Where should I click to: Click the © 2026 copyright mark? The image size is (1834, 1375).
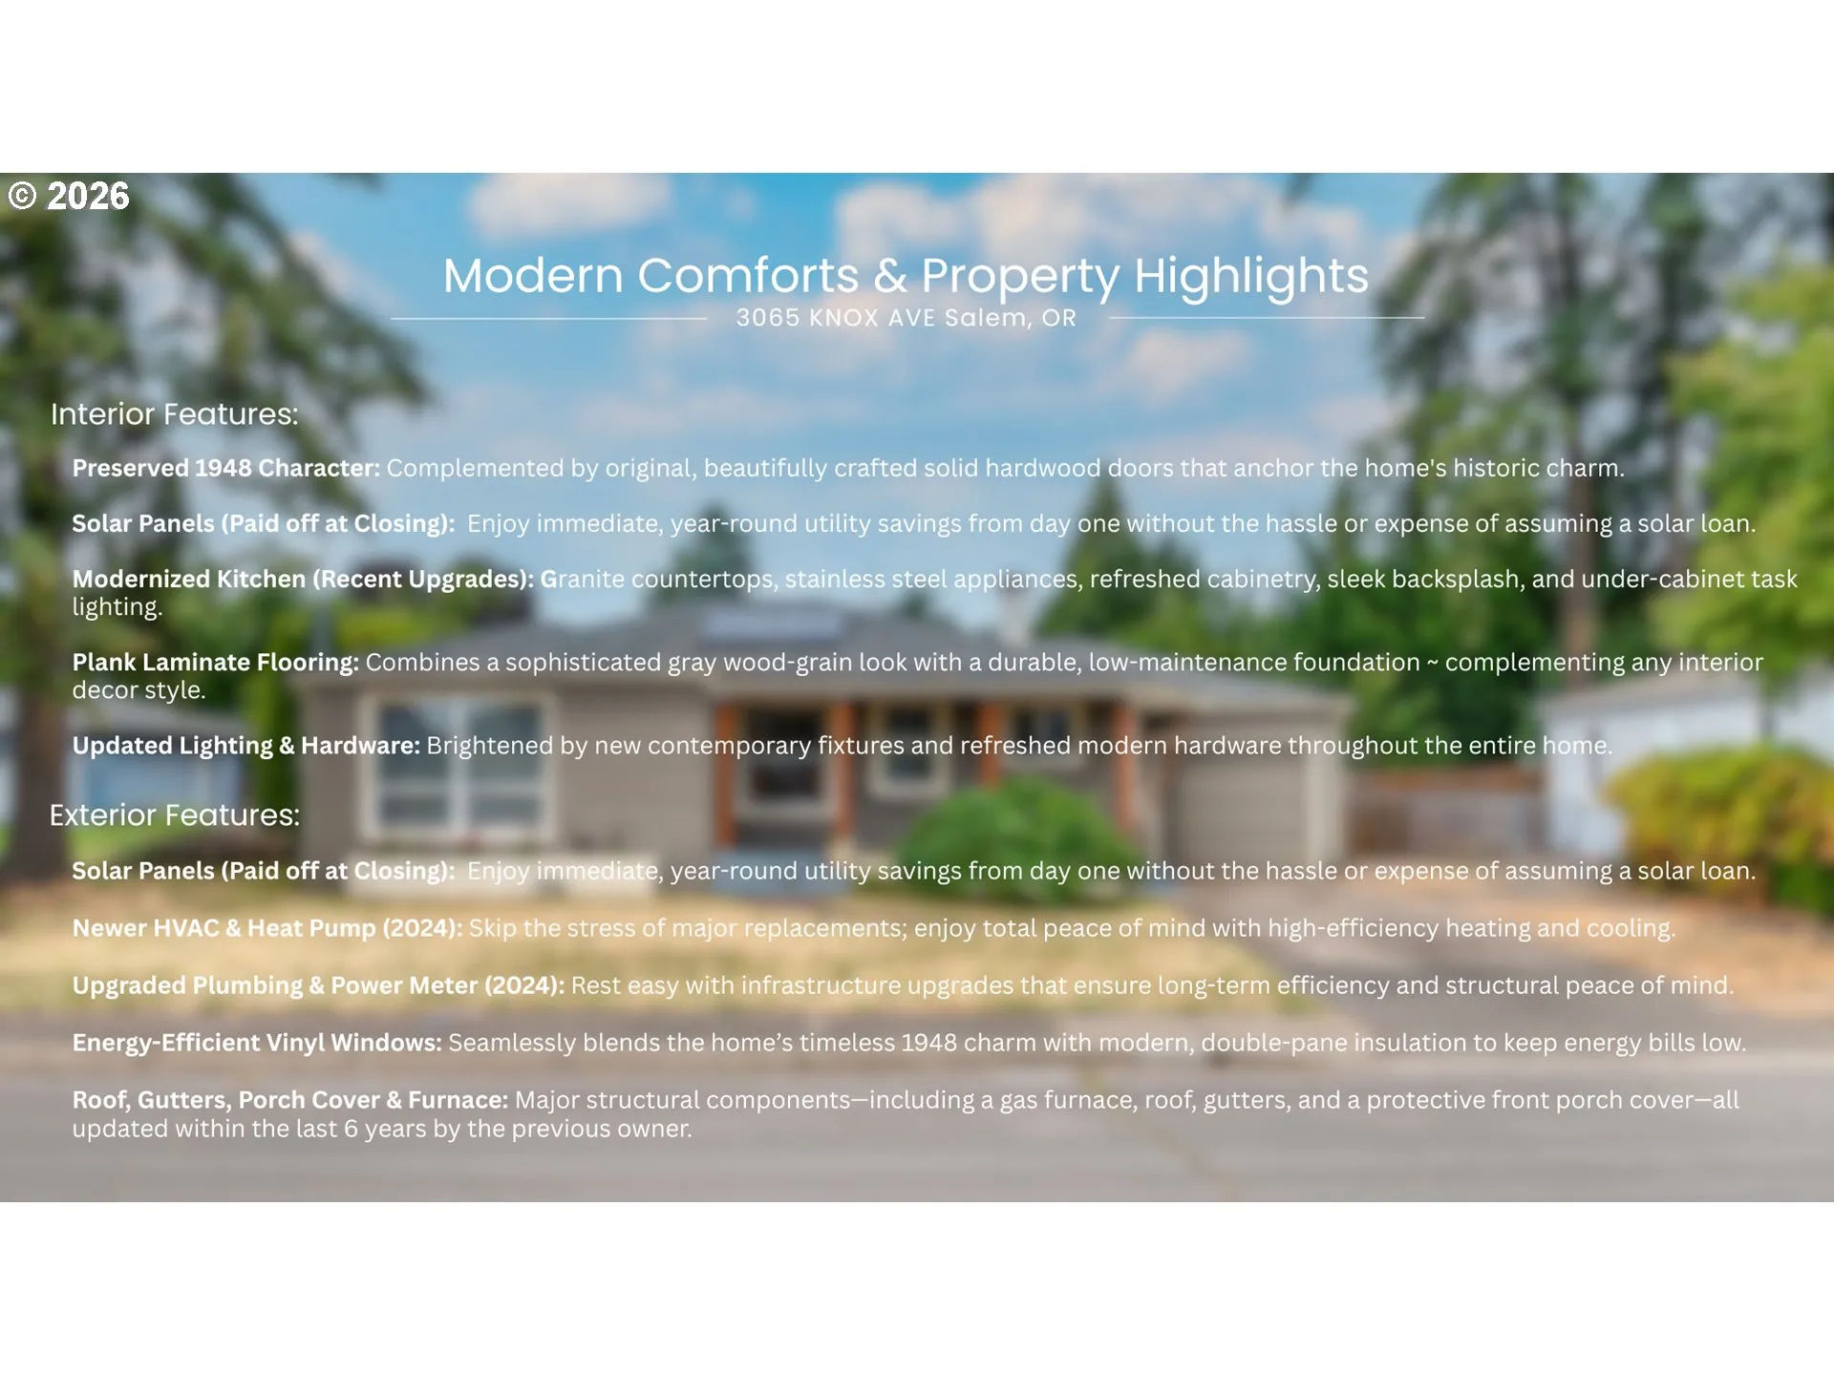point(69,196)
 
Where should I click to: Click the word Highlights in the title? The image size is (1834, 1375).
point(1251,277)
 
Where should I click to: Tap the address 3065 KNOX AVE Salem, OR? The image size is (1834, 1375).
point(906,318)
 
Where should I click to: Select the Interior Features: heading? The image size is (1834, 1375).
point(174,413)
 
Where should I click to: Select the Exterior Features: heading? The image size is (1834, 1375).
point(175,814)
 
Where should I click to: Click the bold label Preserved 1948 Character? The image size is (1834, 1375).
point(226,468)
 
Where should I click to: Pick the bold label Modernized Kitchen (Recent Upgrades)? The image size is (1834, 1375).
point(303,579)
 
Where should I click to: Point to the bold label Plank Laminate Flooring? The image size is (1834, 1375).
point(216,662)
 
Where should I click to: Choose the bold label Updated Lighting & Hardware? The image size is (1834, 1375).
point(246,746)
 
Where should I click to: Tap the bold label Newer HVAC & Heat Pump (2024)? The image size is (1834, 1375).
point(267,928)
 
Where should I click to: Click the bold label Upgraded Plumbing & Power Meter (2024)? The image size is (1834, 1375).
point(318,985)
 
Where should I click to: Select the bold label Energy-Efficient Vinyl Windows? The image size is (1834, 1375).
point(257,1043)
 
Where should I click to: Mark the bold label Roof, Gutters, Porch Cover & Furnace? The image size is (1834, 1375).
point(290,1100)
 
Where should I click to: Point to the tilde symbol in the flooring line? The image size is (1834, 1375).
point(1433,664)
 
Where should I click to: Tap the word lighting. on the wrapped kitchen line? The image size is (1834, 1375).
point(117,607)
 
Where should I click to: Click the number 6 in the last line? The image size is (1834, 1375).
point(351,1129)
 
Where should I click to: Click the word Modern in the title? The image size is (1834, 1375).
point(533,277)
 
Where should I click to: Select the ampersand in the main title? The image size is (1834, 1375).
point(890,277)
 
